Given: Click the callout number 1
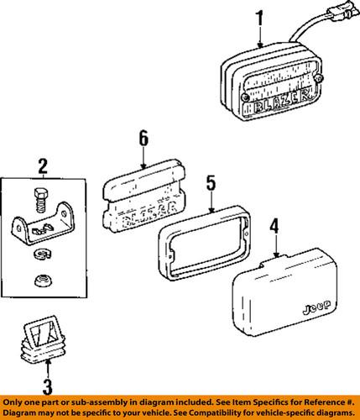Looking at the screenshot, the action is pyautogui.click(x=260, y=18).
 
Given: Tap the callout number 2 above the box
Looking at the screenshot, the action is pyautogui.click(x=43, y=166).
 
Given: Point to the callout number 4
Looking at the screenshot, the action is pyautogui.click(x=274, y=226).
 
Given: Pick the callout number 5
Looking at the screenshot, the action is pyautogui.click(x=211, y=183).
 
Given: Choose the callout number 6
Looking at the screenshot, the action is pyautogui.click(x=143, y=139).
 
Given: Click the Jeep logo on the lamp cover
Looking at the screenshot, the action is pyautogui.click(x=316, y=307).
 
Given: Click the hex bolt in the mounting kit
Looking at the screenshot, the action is pyautogui.click(x=41, y=200).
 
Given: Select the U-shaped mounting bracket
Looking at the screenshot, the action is pyautogui.click(x=43, y=224).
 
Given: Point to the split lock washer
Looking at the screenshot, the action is pyautogui.click(x=42, y=254).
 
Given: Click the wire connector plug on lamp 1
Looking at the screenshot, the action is pyautogui.click(x=345, y=11).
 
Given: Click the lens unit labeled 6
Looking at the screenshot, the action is pyautogui.click(x=144, y=197).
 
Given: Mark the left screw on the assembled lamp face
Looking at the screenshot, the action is pyautogui.click(x=245, y=97).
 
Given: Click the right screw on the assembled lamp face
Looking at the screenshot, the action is pyautogui.click(x=319, y=79).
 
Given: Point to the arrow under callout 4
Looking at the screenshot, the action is pyautogui.click(x=276, y=246).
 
